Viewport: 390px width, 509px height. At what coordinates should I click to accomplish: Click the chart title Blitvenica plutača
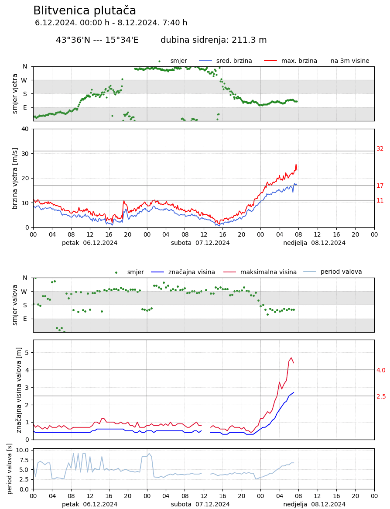[x=85, y=11]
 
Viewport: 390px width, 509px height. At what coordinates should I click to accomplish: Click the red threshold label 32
[x=380, y=149]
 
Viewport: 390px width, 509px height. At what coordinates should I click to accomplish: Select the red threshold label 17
[x=380, y=186]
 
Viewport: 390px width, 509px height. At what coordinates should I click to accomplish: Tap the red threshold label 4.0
[x=381, y=371]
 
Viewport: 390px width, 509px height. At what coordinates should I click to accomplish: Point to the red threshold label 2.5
[x=381, y=397]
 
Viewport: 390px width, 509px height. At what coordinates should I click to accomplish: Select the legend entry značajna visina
[x=192, y=272]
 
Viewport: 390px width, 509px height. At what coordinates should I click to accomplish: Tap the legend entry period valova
[x=341, y=272]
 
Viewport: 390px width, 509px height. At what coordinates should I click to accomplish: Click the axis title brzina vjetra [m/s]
[x=15, y=178]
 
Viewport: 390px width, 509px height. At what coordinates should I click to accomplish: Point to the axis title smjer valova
[x=15, y=305]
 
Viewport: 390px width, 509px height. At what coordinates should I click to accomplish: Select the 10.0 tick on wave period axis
[x=22, y=450]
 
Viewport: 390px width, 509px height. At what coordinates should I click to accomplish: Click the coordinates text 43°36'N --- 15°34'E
[x=97, y=40]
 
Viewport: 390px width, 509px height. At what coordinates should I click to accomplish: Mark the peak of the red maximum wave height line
[x=291, y=358]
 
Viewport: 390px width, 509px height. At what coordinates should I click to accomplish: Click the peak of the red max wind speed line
[x=296, y=164]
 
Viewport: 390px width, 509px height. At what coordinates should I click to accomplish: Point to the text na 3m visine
[x=350, y=61]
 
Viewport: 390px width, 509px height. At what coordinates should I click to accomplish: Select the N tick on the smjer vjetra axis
[x=25, y=67]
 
